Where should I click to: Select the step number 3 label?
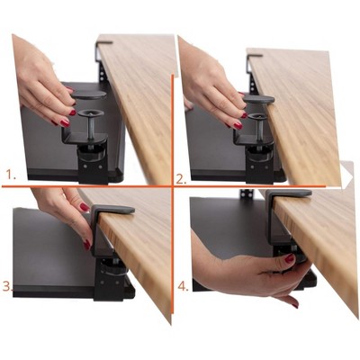(7, 287)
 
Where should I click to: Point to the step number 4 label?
(183, 288)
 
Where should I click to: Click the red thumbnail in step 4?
(290, 259)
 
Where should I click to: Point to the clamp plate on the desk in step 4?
(287, 193)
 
